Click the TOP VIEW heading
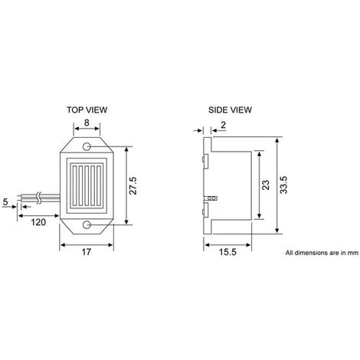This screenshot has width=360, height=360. [x=87, y=109]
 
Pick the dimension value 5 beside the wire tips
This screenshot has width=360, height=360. [x=6, y=202]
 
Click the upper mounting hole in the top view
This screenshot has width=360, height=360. [x=87, y=144]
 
